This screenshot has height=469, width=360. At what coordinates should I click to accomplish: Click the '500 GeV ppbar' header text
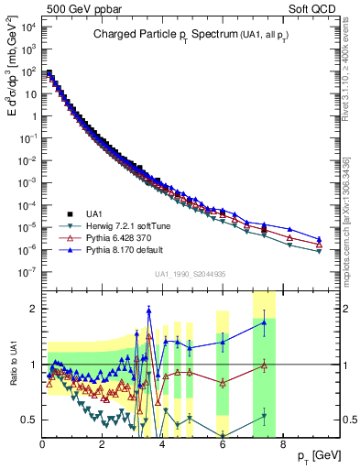pyautogui.click(x=75, y=8)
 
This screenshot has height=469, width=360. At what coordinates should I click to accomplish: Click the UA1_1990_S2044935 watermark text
pyautogui.click(x=191, y=274)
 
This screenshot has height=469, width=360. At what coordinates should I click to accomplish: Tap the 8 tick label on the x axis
pyautogui.click(x=281, y=445)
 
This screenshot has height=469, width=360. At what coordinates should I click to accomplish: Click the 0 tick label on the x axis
pyautogui.click(x=42, y=445)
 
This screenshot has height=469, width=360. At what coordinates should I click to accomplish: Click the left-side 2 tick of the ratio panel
pyautogui.click(x=33, y=309)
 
